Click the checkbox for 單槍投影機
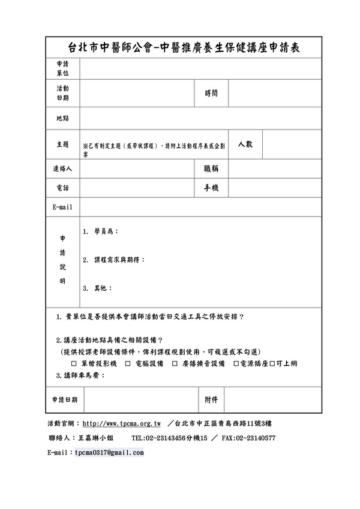pos(73,364)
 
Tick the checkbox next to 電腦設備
pos(128,364)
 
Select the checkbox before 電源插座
pos(236,364)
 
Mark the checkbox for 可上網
pos(272,364)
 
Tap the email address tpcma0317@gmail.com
pos(109,453)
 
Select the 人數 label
pos(245,144)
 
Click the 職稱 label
pos(211,170)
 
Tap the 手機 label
pos(211,188)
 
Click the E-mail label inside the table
pos(62,207)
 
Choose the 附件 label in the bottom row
pos(211,399)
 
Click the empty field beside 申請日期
pos(141,400)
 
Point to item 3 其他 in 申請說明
pos(97,288)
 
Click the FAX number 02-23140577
pos(257,438)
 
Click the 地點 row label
pos(62,119)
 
